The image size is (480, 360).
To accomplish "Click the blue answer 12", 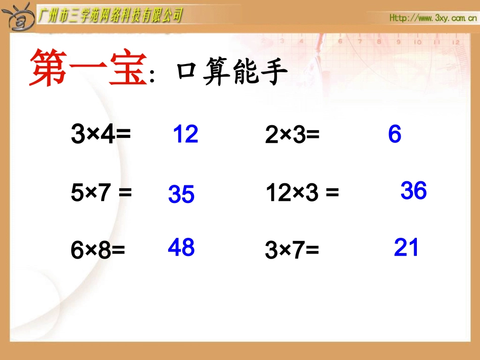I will coord(185,135).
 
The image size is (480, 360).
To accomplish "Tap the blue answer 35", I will coord(181,194).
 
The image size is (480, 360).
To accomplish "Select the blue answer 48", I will coord(181,247).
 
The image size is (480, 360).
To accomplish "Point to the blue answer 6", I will coord(395,134).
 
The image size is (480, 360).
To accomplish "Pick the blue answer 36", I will coord(413,191).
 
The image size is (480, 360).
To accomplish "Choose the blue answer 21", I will coord(406,248).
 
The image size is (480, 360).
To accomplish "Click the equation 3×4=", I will coord(101,135).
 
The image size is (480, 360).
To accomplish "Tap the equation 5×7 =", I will coord(101,193).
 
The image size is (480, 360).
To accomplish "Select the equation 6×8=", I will coord(98,250).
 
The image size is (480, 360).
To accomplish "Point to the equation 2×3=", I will coord(293,135).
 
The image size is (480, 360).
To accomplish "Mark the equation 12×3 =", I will coord(302,193).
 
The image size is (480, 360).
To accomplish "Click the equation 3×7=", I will coord(292,250).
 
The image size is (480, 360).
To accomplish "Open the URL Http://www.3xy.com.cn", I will coord(433,18).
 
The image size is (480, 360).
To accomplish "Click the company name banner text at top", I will coord(110,15).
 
